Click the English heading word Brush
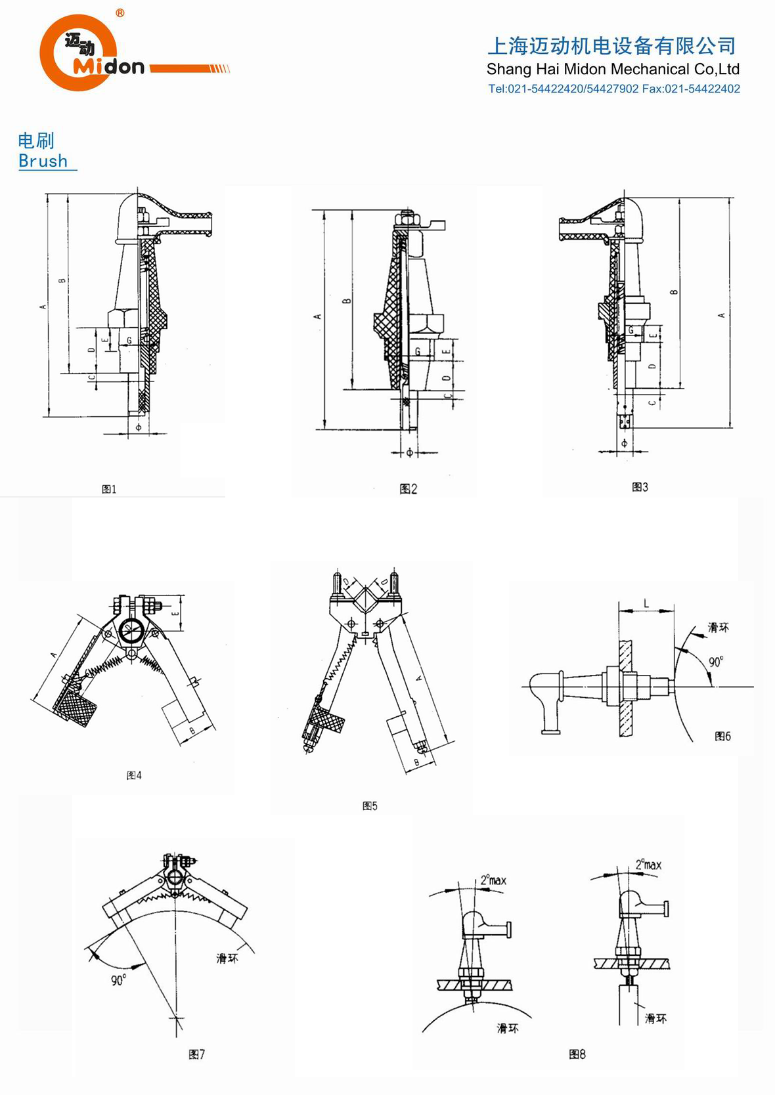point(43,161)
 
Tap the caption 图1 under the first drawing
point(109,489)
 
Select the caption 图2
point(408,488)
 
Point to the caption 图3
point(640,486)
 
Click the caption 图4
point(134,775)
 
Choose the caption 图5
point(370,805)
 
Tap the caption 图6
point(722,737)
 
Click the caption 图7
point(197,1054)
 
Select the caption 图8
point(577,1054)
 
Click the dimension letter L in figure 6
point(646,603)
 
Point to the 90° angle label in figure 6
point(715,662)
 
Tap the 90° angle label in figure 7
point(118,981)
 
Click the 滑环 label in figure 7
point(227,958)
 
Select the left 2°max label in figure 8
point(493,880)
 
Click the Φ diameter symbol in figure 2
point(409,452)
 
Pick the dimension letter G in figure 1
point(129,340)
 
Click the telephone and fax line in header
point(613,89)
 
